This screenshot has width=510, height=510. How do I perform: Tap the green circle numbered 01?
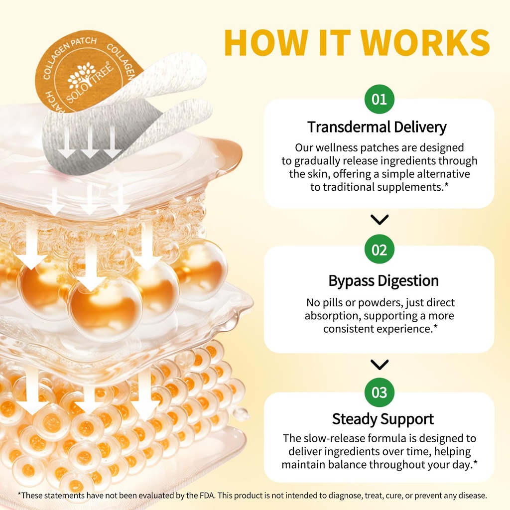point(379,99)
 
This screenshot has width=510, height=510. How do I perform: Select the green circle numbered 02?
point(379,250)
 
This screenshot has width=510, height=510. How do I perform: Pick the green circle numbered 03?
point(379,392)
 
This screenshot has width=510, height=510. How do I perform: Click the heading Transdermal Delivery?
point(377,127)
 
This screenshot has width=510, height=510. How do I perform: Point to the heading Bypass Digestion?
point(383,280)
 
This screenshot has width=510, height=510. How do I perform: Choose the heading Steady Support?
point(383,419)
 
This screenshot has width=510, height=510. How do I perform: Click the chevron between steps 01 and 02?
point(380,220)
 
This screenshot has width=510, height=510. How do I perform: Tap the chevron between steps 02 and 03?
point(380,365)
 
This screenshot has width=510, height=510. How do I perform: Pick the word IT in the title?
point(335,43)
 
